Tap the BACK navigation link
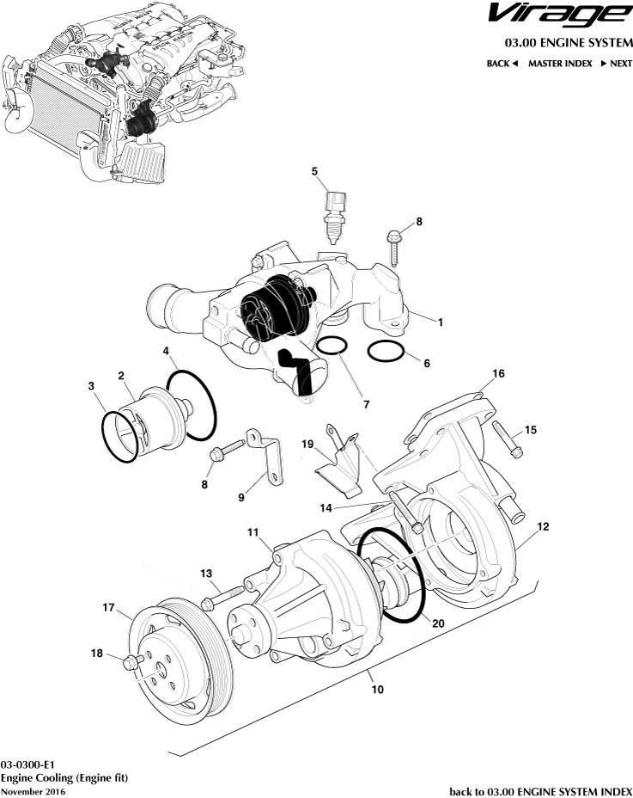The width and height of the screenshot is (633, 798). pos(502,64)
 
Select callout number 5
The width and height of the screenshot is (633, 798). pos(315,171)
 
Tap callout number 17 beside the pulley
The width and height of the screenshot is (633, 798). pos(109,608)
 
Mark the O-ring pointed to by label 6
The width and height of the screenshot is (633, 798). pos(386,352)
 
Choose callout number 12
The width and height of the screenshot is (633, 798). pos(543,525)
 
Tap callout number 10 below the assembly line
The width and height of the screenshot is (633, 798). pos(374,690)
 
